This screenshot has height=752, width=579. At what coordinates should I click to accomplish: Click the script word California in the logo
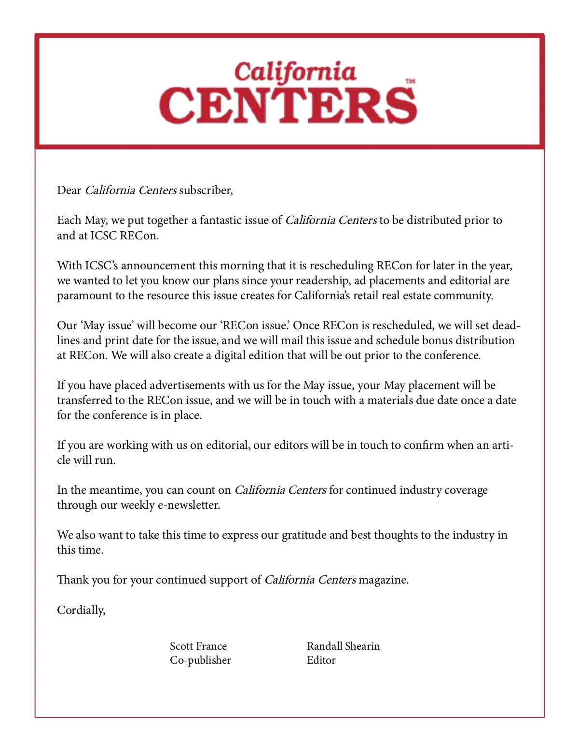click(295, 72)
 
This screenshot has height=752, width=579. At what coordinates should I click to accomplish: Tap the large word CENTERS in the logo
click(288, 105)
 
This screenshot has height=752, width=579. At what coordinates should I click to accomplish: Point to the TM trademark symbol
click(410, 82)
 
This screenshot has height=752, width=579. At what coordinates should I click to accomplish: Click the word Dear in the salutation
click(69, 190)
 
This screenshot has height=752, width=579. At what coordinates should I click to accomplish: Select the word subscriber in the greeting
click(205, 190)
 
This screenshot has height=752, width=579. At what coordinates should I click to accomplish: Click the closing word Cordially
click(81, 610)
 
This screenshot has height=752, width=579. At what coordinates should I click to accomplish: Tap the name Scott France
click(198, 646)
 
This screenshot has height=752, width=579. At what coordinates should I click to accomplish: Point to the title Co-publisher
click(200, 660)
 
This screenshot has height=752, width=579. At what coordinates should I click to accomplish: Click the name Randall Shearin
click(343, 646)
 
